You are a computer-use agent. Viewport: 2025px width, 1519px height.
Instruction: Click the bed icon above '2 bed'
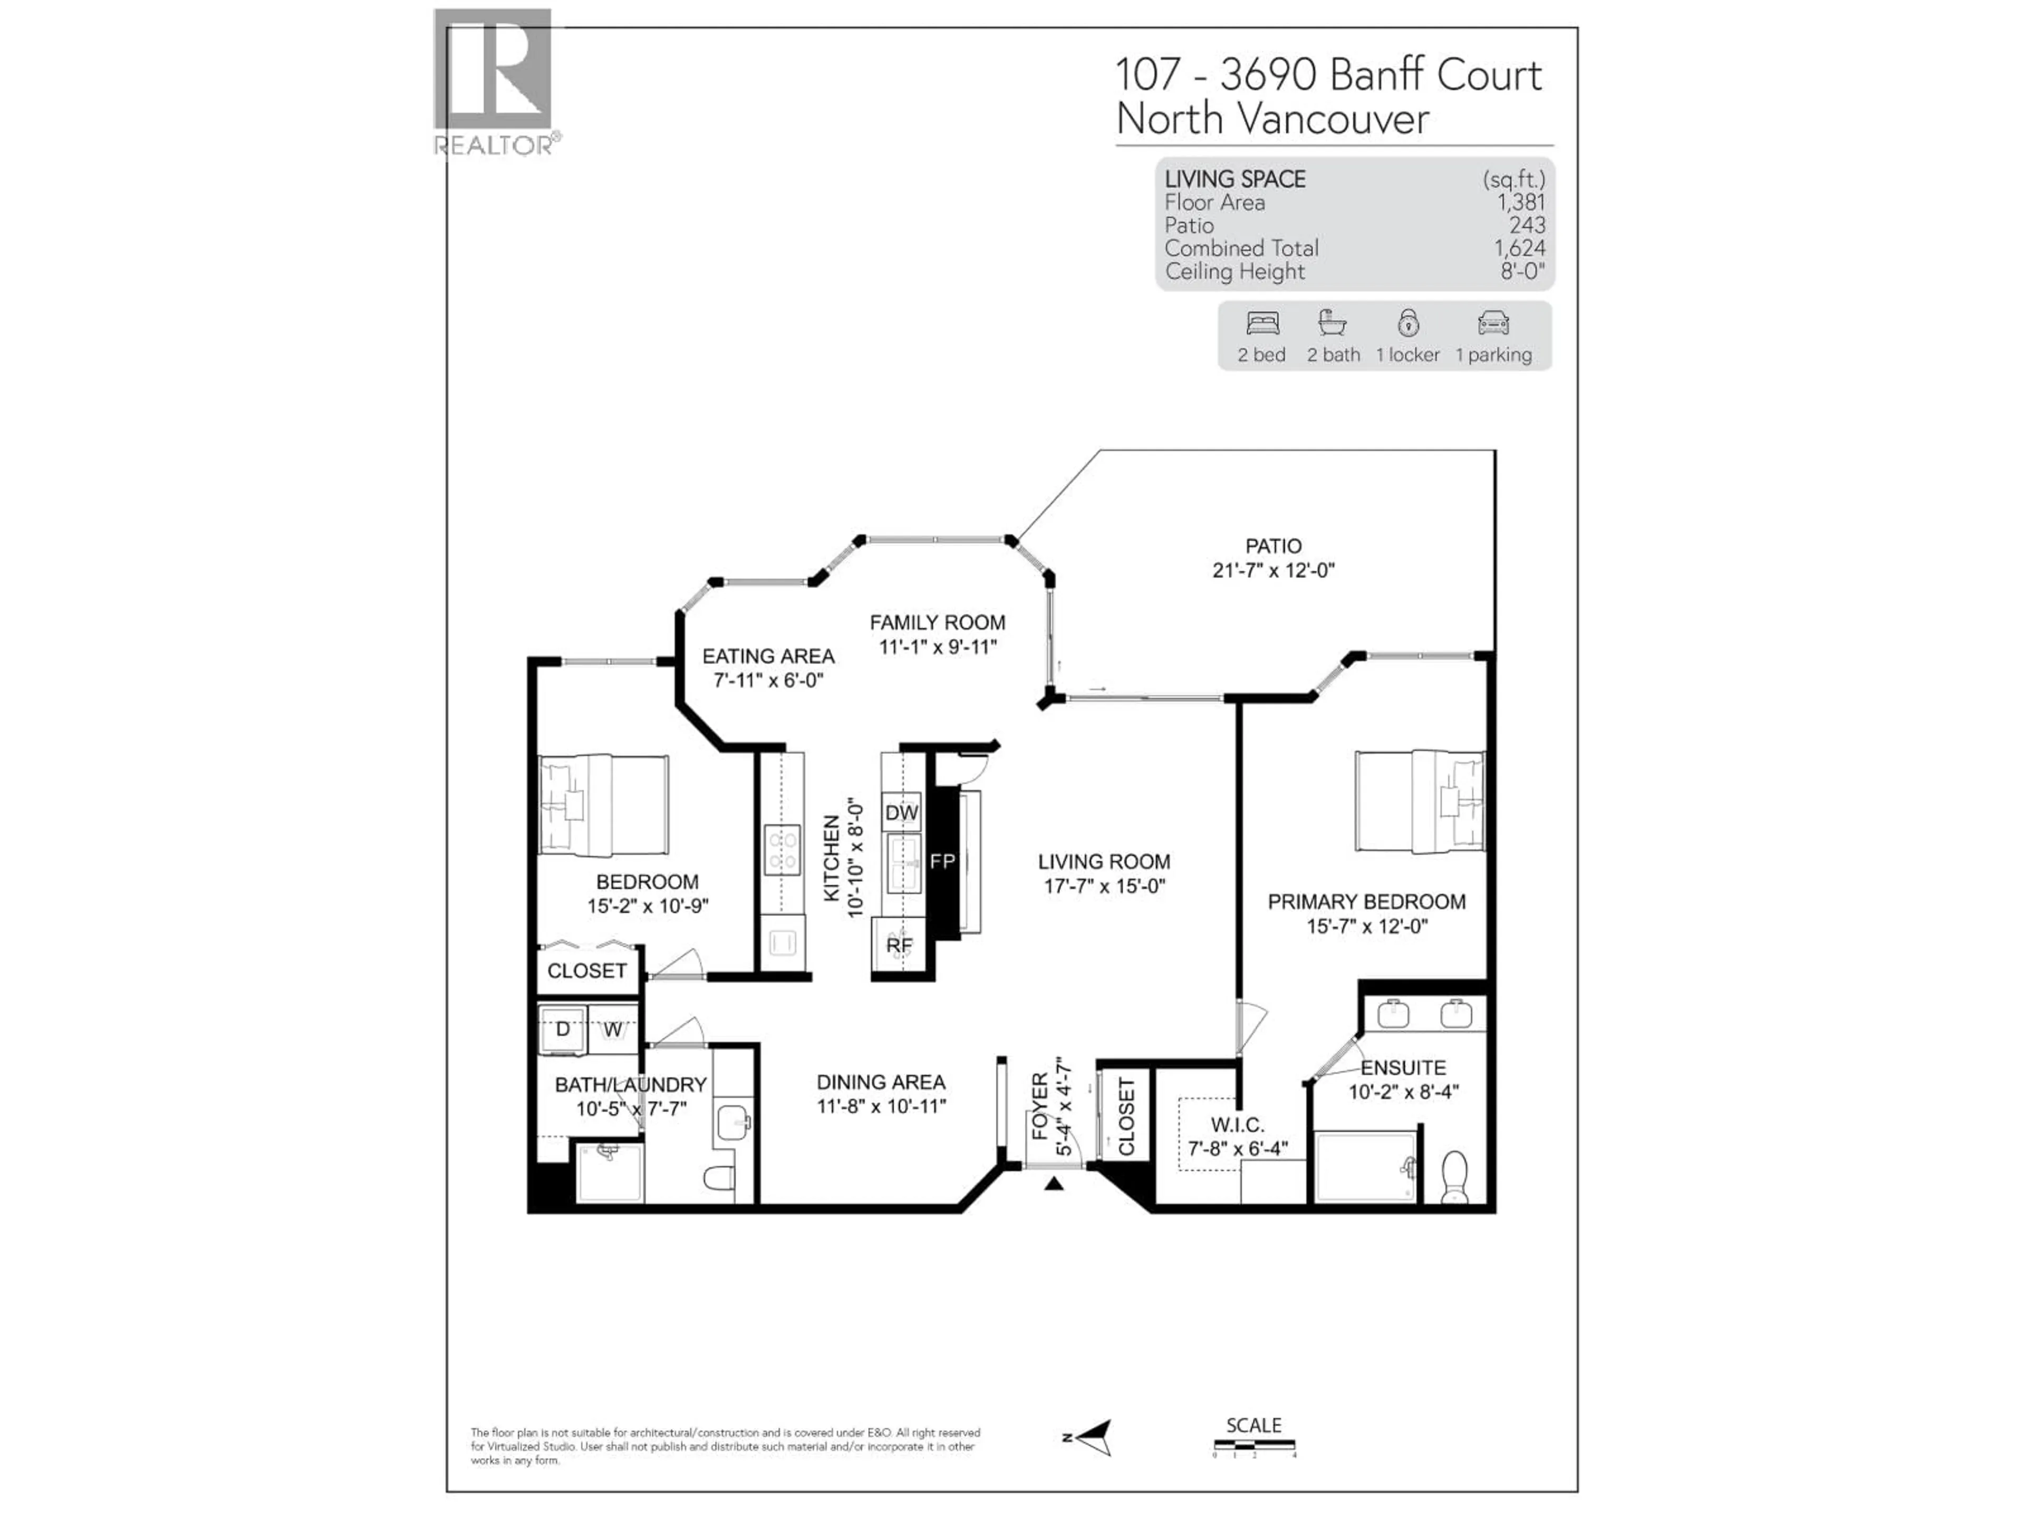tap(1262, 323)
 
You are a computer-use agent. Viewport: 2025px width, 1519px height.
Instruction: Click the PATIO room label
tap(1272, 546)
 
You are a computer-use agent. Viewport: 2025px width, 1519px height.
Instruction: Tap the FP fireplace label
tap(942, 861)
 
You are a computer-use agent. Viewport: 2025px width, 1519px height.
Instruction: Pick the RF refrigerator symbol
tap(899, 945)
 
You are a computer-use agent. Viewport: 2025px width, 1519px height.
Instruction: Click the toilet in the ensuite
tap(1454, 1177)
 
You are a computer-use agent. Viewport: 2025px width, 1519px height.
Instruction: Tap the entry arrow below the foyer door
tap(1054, 1184)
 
